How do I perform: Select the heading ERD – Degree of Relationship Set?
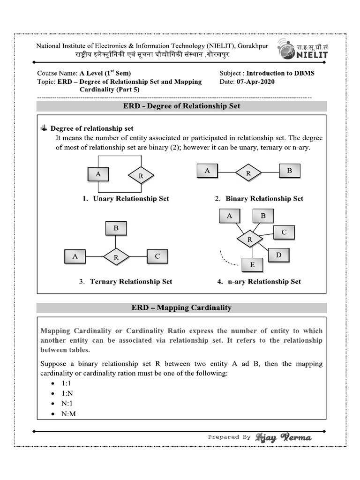coord(181,106)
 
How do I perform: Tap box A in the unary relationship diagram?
coord(98,174)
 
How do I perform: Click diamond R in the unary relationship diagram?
coord(141,176)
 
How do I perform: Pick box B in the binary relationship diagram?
coord(289,171)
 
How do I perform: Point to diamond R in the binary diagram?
coord(248,172)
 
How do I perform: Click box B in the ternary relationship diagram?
coord(116,229)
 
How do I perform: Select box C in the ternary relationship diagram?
coord(157,256)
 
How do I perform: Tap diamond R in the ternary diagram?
coord(116,257)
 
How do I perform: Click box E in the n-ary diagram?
coord(252,265)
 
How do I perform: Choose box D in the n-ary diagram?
coord(278,255)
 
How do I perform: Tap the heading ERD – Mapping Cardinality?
coord(181,307)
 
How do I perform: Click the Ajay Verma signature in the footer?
coord(283,437)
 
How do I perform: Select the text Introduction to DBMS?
coord(280,73)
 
